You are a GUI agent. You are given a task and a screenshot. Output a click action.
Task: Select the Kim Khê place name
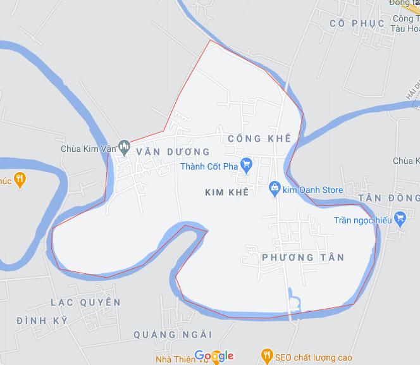(x=226, y=190)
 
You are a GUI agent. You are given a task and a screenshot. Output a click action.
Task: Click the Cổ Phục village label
(x=357, y=23)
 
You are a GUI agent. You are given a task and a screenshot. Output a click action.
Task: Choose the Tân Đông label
(x=390, y=198)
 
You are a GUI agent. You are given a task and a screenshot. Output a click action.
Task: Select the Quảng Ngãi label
(x=173, y=334)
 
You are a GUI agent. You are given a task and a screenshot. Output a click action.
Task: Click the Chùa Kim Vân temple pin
(x=125, y=146)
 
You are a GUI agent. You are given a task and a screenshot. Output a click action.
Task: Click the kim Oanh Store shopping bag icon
(x=275, y=187)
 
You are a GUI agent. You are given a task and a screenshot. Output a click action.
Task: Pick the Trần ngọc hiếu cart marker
(x=400, y=218)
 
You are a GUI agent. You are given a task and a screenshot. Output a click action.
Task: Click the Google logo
(x=214, y=356)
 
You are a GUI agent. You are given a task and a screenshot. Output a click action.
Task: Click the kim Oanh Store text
(x=313, y=190)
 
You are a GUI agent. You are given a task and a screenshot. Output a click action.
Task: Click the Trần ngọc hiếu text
(x=362, y=221)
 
